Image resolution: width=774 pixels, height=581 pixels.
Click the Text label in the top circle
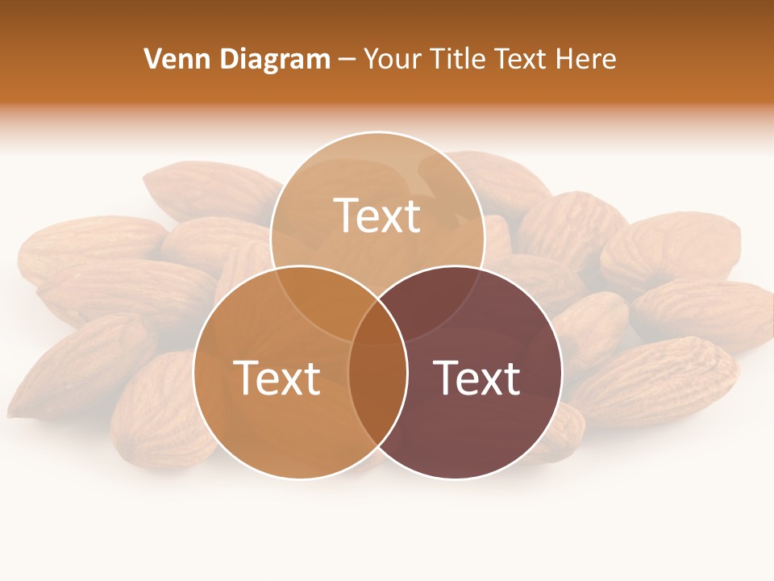377,215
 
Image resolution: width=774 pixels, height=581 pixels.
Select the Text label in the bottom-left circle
277,378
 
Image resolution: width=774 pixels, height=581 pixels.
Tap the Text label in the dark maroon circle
477,378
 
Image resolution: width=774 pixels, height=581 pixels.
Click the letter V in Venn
152,59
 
